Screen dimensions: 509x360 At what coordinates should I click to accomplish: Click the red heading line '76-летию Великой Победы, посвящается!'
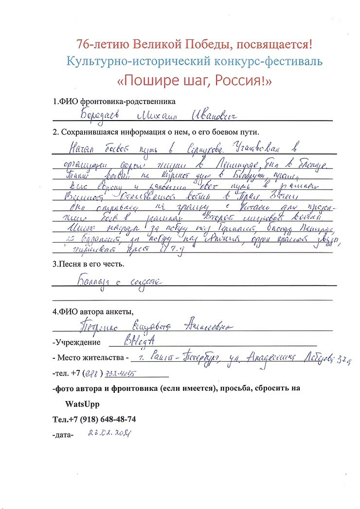(194, 44)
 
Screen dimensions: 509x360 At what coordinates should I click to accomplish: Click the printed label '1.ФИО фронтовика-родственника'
(114, 102)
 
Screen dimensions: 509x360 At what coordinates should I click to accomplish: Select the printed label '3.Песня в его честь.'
(88, 265)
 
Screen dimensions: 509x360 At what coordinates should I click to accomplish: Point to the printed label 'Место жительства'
(91, 358)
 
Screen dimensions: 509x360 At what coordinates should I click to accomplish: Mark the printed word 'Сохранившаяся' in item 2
(85, 132)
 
